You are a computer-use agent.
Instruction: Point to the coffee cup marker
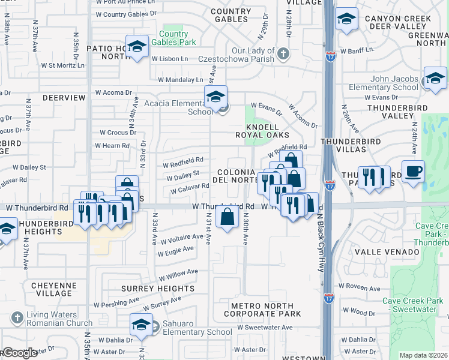tap(413, 171)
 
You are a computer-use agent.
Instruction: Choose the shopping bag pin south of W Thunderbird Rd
tap(228, 217)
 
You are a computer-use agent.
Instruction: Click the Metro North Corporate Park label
tap(266, 310)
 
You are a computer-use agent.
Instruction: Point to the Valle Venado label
tap(387, 253)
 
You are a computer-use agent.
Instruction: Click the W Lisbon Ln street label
tap(169, 59)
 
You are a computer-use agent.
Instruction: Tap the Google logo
tap(19, 353)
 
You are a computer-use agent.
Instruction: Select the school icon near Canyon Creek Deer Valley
tap(346, 19)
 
